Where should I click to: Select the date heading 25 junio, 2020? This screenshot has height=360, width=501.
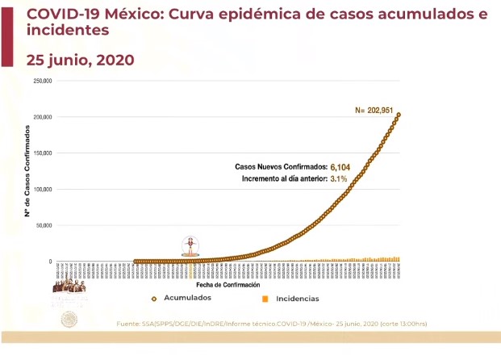[80, 61]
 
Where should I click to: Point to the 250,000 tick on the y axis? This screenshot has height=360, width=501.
[42, 82]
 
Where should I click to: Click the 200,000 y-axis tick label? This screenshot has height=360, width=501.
[42, 118]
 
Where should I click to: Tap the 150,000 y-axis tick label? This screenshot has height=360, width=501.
[42, 153]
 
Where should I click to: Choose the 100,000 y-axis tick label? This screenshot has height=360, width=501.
[42, 190]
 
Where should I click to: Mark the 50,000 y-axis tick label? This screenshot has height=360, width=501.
[44, 226]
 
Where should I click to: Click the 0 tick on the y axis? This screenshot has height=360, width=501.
[50, 262]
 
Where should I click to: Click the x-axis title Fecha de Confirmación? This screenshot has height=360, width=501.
[228, 285]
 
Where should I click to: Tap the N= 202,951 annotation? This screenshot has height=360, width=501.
[378, 110]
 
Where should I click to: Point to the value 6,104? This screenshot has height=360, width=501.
[342, 166]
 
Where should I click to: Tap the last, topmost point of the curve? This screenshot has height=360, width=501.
[399, 115]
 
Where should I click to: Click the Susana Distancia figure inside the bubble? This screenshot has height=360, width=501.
[190, 245]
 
